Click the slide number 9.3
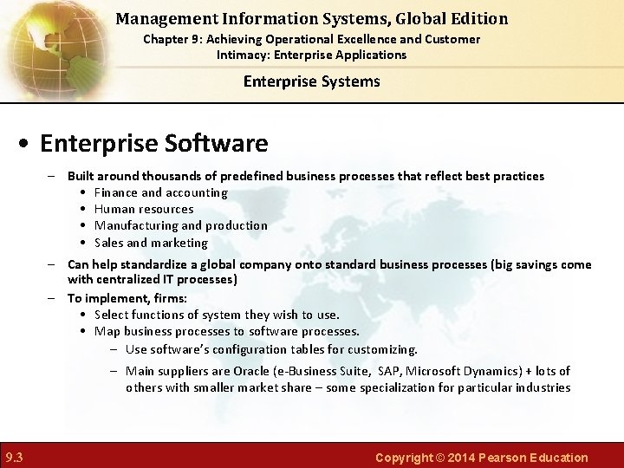pos(14,458)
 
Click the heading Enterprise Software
pos(154,142)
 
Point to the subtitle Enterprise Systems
pos(311,81)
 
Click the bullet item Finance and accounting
pos(160,192)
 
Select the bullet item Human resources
pos(144,209)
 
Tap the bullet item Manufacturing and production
pos(180,225)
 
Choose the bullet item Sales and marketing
pos(151,243)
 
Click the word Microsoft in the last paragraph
pos(439,371)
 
